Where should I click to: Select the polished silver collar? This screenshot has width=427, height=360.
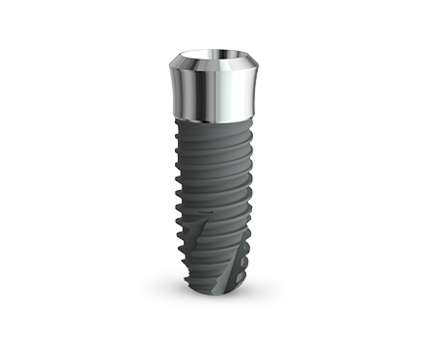tap(213, 88)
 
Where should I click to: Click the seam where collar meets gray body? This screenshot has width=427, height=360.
tap(213, 116)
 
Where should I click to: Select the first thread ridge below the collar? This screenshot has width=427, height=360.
tap(213, 127)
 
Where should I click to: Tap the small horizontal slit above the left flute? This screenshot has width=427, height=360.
tap(203, 211)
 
